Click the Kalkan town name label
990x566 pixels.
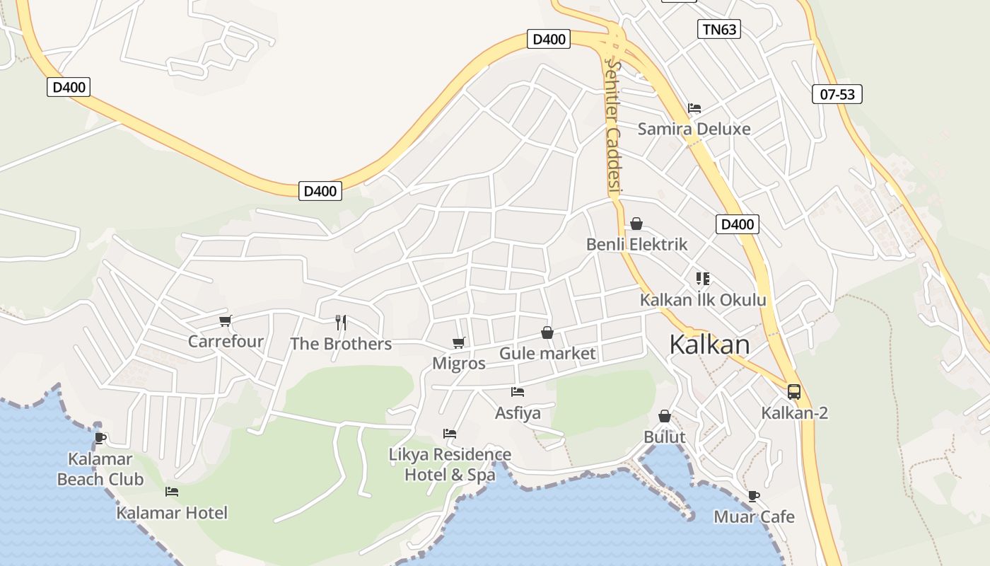pos(709,345)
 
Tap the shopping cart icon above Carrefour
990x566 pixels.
pos(226,321)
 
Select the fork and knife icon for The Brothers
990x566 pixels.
pos(341,323)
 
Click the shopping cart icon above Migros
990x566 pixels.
pos(459,343)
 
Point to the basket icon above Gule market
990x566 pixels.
pos(547,332)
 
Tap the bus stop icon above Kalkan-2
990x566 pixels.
pos(794,391)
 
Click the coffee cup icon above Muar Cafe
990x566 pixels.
pos(754,496)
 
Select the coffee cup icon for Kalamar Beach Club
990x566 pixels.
pos(100,438)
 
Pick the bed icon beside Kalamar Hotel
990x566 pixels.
pos(172,491)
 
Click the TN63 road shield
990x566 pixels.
pos(718,29)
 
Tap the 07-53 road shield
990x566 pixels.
pos(837,94)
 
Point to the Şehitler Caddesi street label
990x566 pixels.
pos(613,127)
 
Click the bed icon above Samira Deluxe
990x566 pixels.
pos(694,108)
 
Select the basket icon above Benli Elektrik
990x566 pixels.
pos(636,224)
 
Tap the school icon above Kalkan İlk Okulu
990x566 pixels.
pos(702,279)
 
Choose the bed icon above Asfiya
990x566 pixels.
pos(518,391)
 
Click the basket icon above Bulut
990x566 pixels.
pos(665,416)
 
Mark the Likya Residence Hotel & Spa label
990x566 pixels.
pos(450,464)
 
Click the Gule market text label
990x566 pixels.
pos(547,353)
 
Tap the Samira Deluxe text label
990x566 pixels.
pos(694,129)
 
